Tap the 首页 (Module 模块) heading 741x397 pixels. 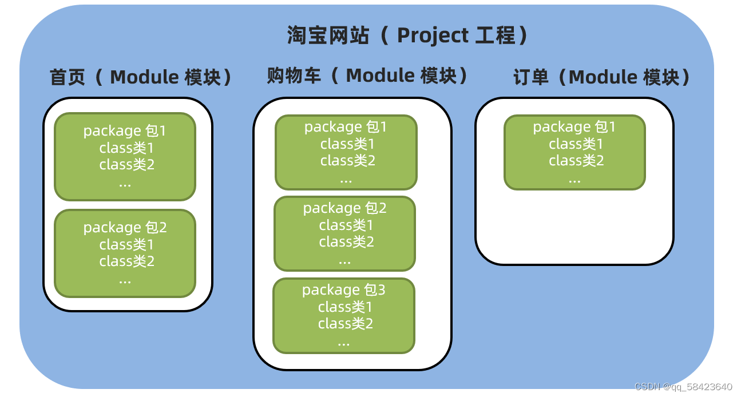[x=141, y=77]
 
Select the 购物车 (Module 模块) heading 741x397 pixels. [x=367, y=76]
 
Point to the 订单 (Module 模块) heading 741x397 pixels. [x=602, y=77]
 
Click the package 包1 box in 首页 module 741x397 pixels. [x=125, y=157]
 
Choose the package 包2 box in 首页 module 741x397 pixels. [x=125, y=253]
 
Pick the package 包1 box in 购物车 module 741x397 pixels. [x=346, y=152]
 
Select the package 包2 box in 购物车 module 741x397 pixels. [x=344, y=233]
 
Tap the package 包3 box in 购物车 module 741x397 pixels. [x=343, y=316]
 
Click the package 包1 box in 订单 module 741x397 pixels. [x=574, y=152]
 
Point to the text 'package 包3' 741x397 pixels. [x=343, y=290]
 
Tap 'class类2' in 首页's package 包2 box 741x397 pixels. [x=126, y=261]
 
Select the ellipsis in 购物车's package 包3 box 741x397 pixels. [x=343, y=343]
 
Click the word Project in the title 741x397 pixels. [x=433, y=35]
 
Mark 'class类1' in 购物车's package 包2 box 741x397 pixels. [x=346, y=225]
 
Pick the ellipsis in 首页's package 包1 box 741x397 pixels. [x=125, y=183]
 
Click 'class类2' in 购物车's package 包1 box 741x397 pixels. [x=347, y=161]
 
